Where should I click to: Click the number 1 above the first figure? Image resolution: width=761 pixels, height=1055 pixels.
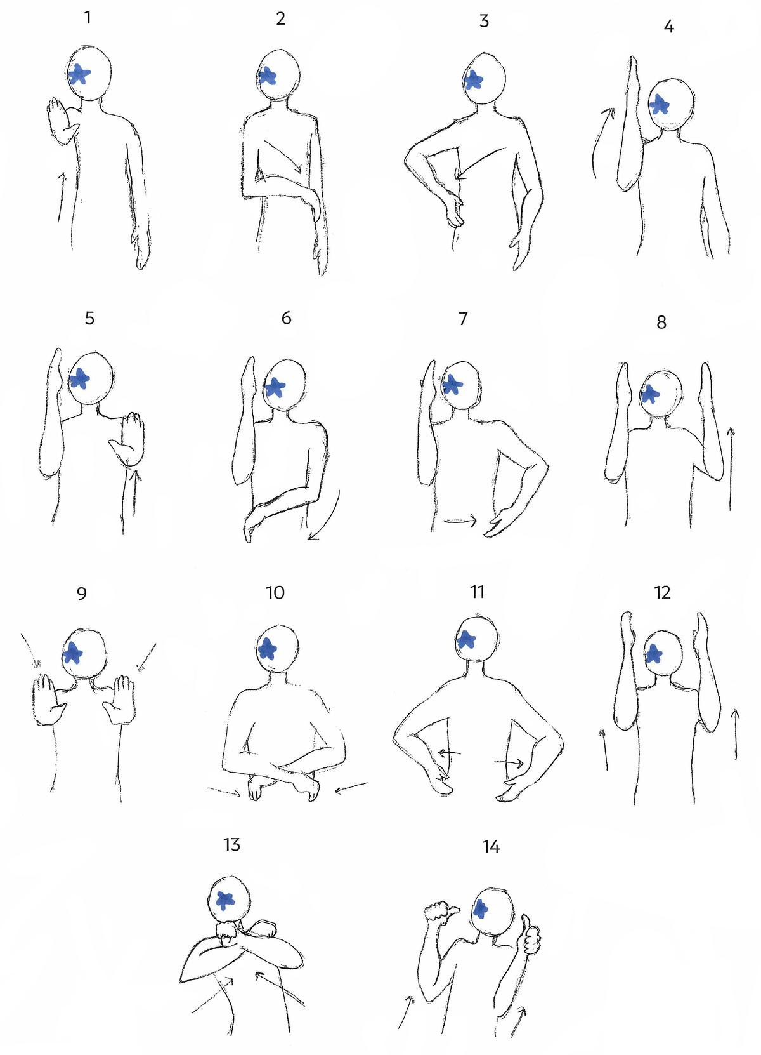coord(88,18)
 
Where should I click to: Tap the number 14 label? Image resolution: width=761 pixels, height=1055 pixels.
coord(490,847)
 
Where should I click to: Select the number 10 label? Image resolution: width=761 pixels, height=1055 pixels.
coord(275,593)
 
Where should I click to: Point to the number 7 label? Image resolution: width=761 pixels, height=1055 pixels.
coord(463,319)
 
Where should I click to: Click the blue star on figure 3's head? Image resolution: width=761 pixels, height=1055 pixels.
coord(472,80)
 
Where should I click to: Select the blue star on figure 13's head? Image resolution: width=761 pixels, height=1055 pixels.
coord(224,900)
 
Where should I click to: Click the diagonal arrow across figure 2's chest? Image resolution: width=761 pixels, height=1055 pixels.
coord(282,156)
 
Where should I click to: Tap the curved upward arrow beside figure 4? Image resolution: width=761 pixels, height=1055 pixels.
coord(600,143)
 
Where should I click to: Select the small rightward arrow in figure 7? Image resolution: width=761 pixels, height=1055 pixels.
coord(460,522)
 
